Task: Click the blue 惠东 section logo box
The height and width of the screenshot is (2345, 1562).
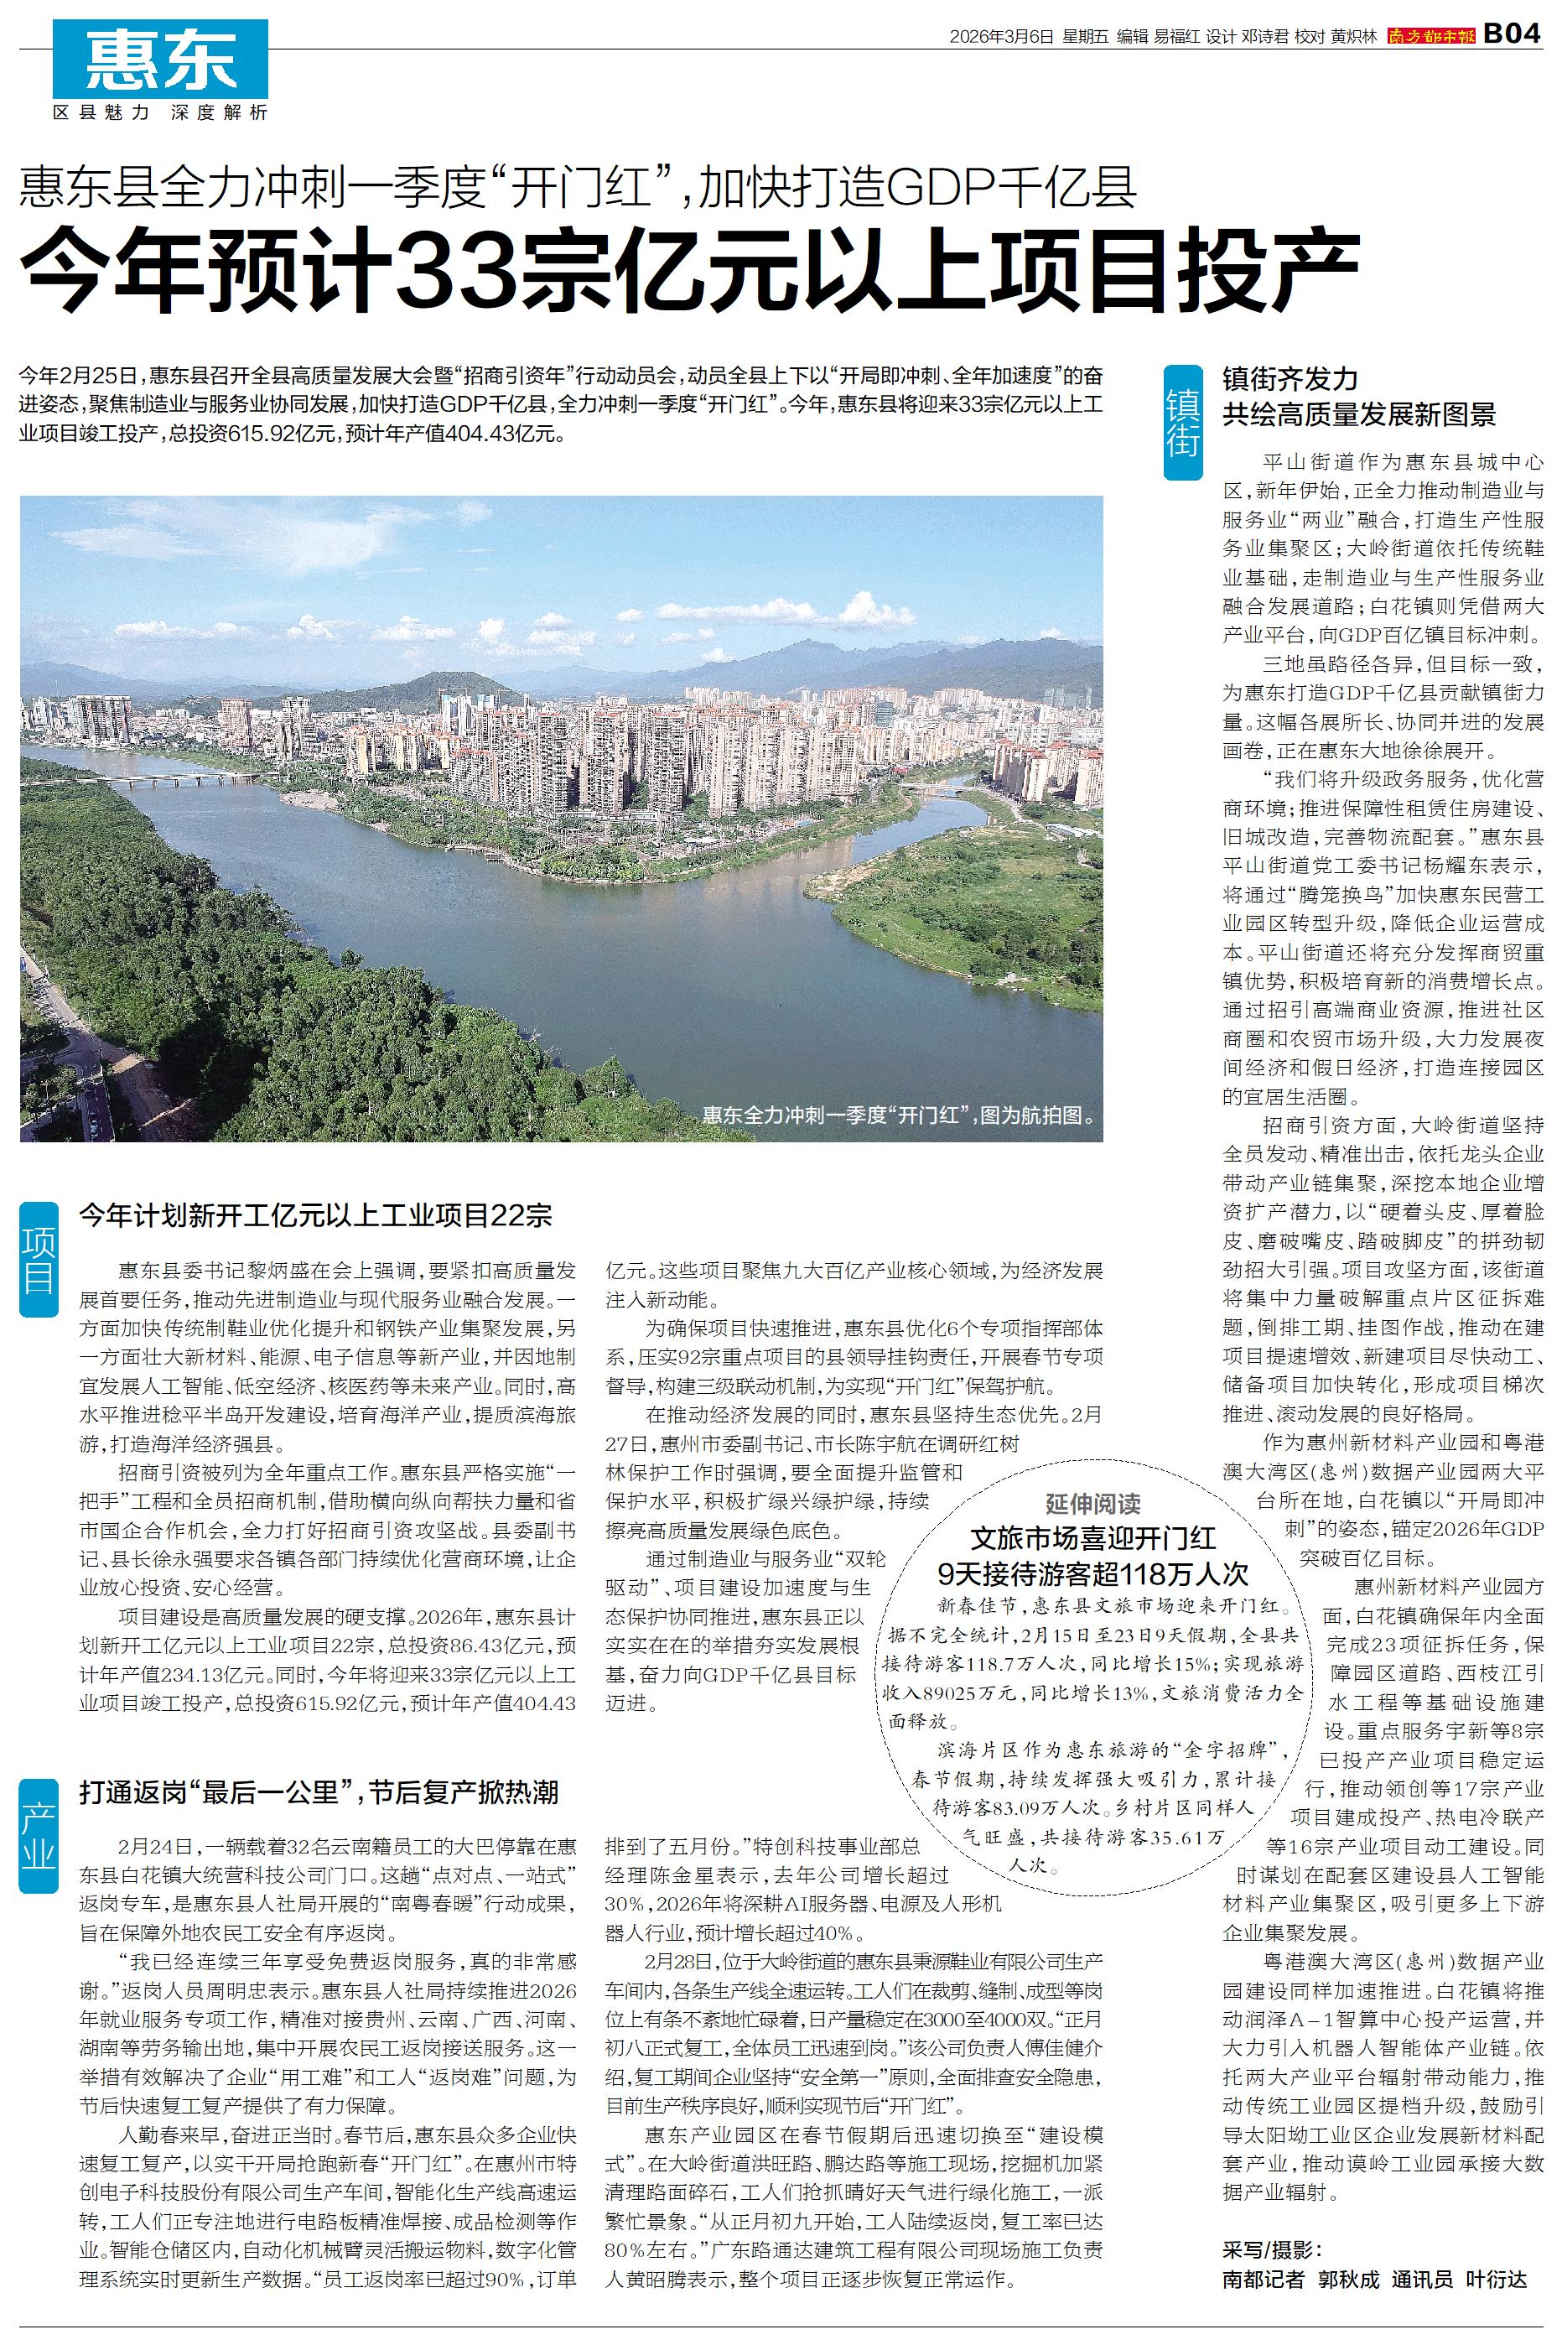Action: point(160,59)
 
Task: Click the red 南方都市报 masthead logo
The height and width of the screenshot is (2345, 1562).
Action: point(1431,36)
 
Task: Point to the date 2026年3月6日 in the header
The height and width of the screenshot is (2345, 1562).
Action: point(1000,36)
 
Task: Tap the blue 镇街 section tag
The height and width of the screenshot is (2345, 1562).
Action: point(1184,424)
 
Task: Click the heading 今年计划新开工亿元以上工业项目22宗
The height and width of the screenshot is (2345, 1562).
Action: point(316,1214)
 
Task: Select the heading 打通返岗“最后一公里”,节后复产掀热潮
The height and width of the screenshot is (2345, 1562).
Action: point(319,1791)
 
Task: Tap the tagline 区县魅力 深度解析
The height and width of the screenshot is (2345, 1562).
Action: point(160,112)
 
